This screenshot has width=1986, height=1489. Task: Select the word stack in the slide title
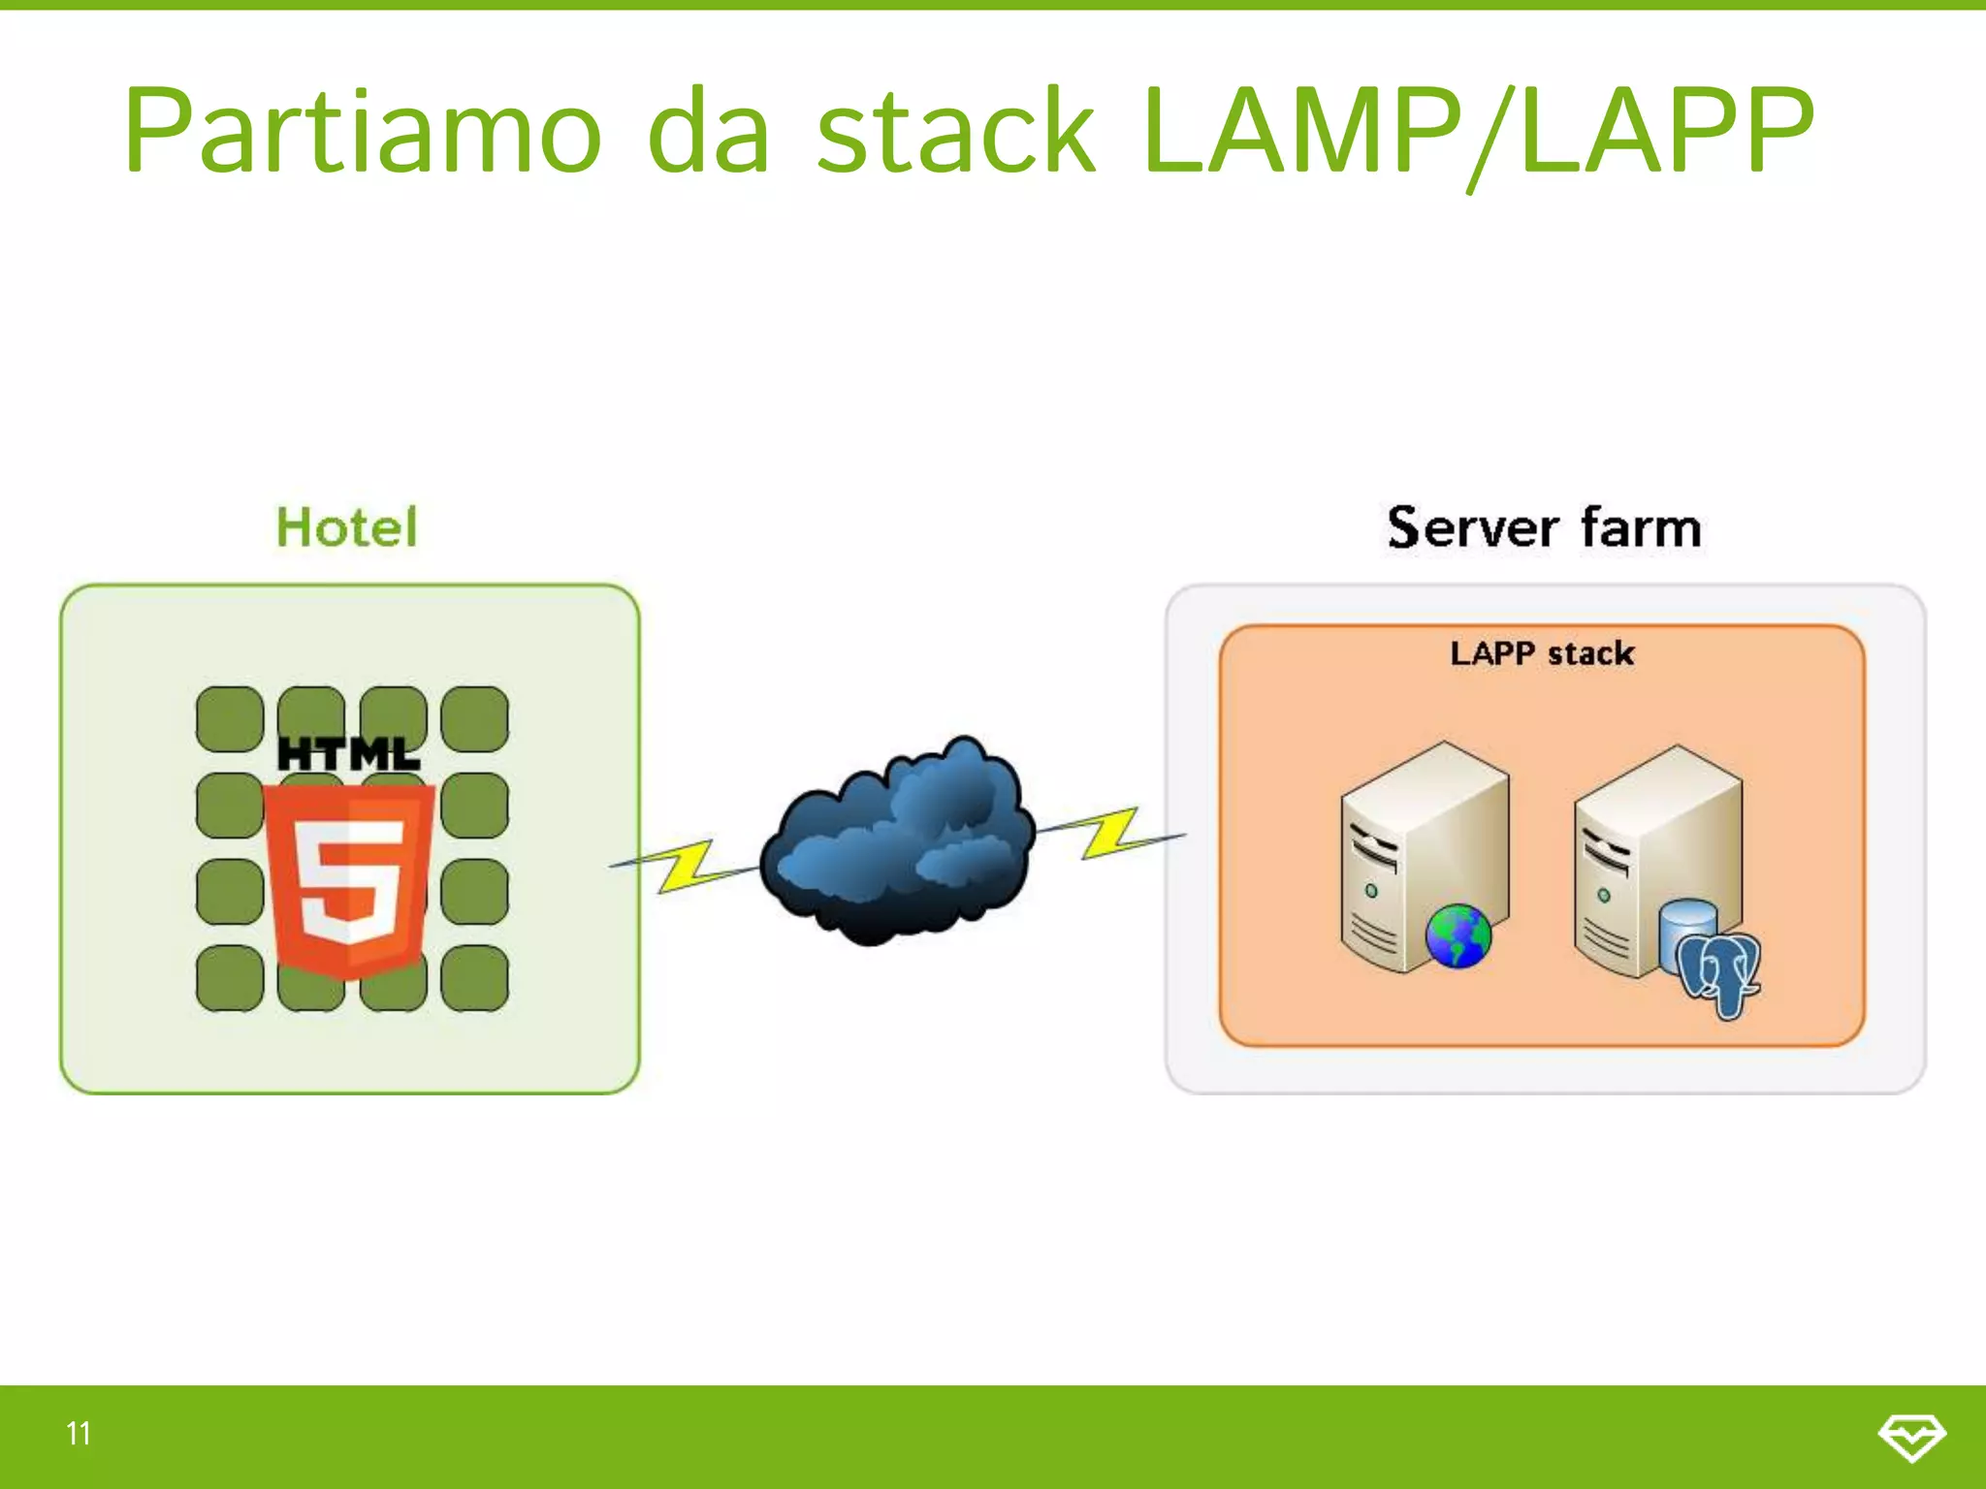tap(955, 131)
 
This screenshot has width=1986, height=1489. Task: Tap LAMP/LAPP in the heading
tap(1476, 131)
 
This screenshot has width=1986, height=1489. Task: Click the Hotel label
tap(347, 528)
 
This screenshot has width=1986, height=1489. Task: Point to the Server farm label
tap(1544, 528)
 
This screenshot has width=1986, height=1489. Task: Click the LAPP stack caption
tap(1542, 653)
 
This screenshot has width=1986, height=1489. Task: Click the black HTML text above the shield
tap(349, 754)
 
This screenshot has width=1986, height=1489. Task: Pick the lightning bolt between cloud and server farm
tap(1111, 832)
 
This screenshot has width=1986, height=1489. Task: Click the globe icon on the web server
tap(1457, 935)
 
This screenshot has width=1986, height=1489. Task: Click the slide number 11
tap(79, 1433)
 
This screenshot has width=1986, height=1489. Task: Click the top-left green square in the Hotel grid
tap(230, 719)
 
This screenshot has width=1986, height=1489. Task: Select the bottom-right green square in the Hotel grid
tap(474, 978)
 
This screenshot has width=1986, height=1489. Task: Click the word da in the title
tap(708, 131)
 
